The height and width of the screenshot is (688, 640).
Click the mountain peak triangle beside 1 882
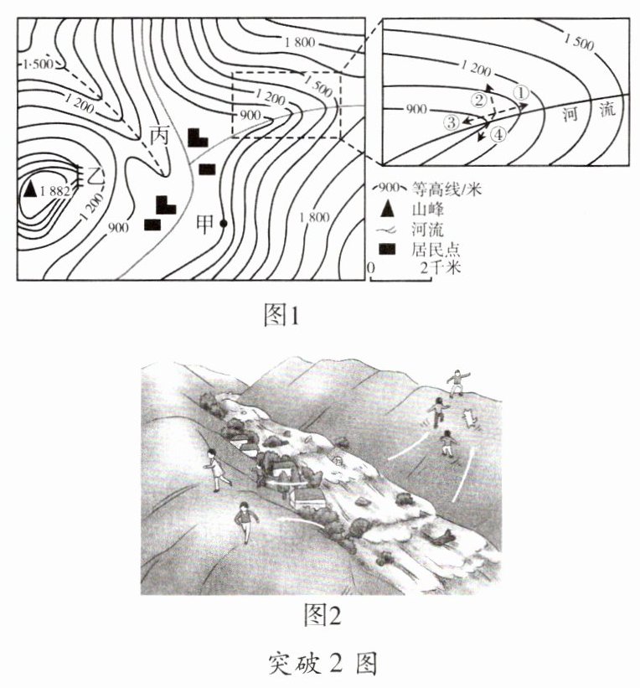point(30,189)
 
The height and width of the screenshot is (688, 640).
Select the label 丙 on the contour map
point(159,135)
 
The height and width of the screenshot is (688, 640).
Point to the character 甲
point(204,223)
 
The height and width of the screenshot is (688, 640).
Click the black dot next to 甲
point(224,223)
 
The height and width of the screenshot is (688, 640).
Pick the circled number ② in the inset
point(479,101)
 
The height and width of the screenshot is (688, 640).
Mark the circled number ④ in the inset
point(498,134)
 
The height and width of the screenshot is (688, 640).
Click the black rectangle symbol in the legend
point(387,249)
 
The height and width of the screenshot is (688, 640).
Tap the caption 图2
point(322,616)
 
